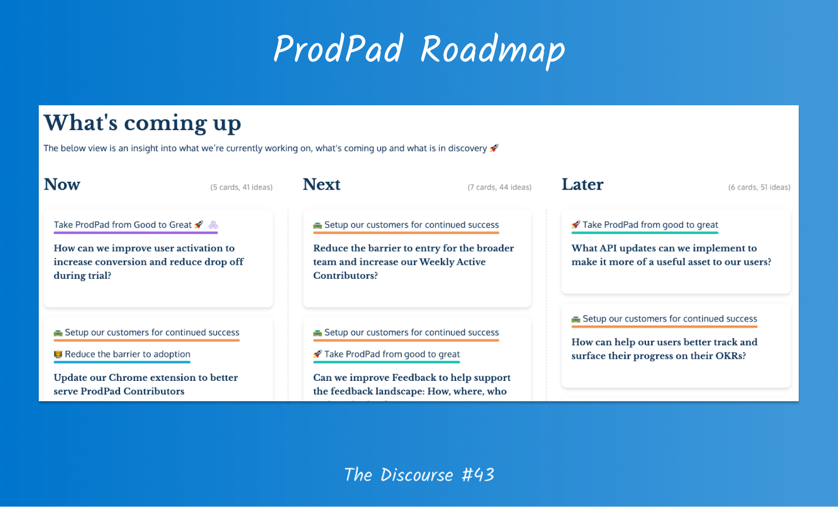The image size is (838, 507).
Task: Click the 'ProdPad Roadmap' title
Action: point(419,49)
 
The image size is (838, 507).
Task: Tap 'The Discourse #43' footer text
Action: point(419,475)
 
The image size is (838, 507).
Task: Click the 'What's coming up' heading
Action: point(142,123)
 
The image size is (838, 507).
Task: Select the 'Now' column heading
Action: point(62,184)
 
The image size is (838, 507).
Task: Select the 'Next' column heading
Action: point(322,184)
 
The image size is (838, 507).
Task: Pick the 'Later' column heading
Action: point(582,184)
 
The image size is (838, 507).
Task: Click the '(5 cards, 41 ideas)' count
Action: point(241,187)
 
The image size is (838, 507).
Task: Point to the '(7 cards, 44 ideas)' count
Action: point(499,187)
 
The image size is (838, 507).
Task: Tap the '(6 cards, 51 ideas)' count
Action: point(759,187)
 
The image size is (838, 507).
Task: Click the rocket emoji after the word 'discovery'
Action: point(494,148)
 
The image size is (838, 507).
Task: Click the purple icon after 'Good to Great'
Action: point(213,225)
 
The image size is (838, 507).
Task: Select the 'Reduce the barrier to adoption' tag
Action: point(127,354)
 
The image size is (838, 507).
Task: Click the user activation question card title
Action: point(149,261)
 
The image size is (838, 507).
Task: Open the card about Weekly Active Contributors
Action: point(413,261)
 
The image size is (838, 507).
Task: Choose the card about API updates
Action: point(671,255)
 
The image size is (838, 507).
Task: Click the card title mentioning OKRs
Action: point(664,348)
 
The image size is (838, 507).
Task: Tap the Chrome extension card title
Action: point(146,384)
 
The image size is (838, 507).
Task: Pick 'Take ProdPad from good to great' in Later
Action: point(650,225)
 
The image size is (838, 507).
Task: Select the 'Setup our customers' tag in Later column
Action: point(669,318)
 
